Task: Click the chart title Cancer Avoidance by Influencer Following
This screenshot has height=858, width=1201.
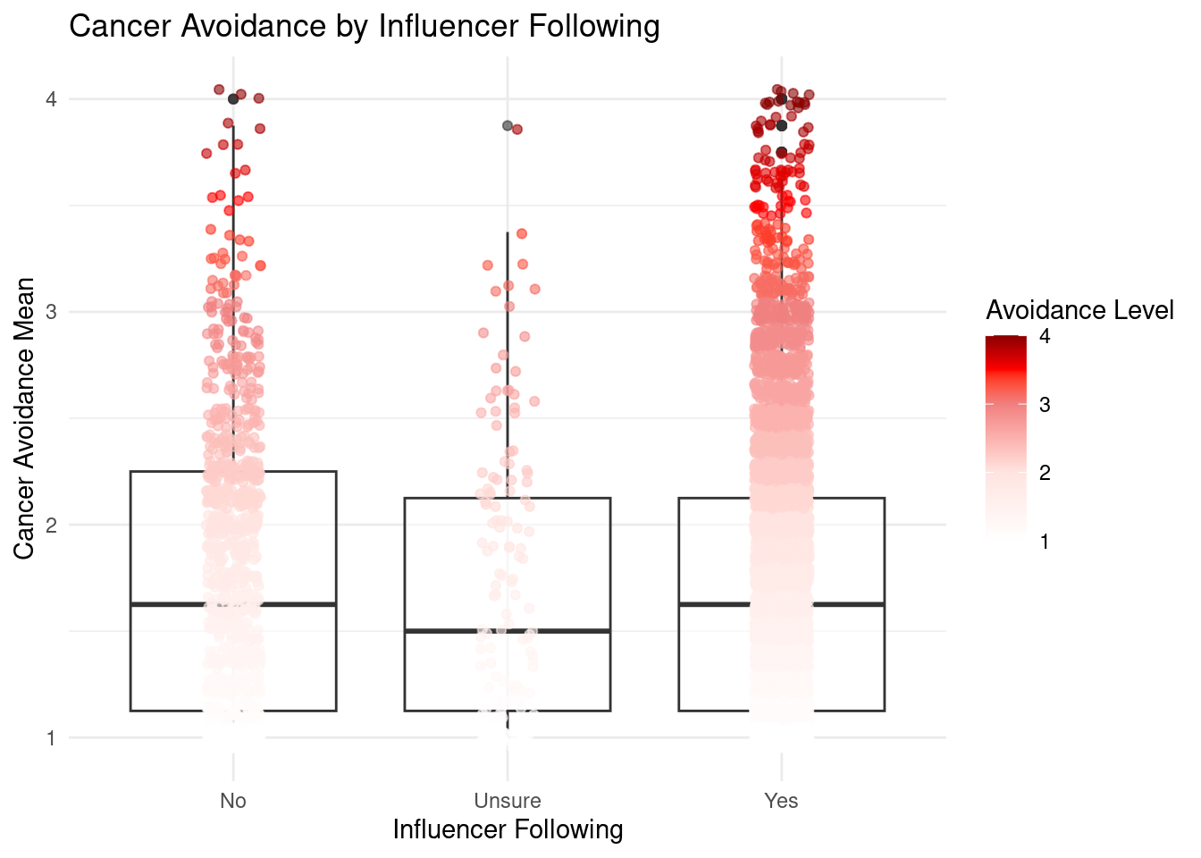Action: click(364, 27)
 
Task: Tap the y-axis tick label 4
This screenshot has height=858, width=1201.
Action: click(52, 99)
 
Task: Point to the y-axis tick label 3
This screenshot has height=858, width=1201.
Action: click(52, 312)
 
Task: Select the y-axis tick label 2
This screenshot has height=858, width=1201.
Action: click(52, 526)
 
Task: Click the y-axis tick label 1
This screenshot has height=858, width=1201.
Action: click(52, 738)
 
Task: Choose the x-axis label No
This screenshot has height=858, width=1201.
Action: click(233, 801)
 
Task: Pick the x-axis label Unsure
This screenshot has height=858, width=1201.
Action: click(508, 801)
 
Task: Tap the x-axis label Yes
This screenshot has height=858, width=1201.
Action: click(781, 801)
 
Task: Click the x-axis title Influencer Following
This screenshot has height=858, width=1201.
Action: click(508, 830)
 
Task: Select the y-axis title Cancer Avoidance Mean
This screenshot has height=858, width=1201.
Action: click(25, 418)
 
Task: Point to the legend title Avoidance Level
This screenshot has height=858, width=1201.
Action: click(1079, 310)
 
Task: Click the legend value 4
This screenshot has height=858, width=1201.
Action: click(1045, 337)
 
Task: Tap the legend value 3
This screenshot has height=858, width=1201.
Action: click(1045, 405)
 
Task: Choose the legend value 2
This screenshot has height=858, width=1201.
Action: click(1045, 473)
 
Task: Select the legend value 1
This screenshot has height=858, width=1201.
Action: click(1045, 541)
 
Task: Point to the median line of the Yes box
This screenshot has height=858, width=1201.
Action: click(849, 605)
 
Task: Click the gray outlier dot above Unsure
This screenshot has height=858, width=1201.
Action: click(508, 126)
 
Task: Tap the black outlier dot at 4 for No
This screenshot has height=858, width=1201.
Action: click(233, 99)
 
